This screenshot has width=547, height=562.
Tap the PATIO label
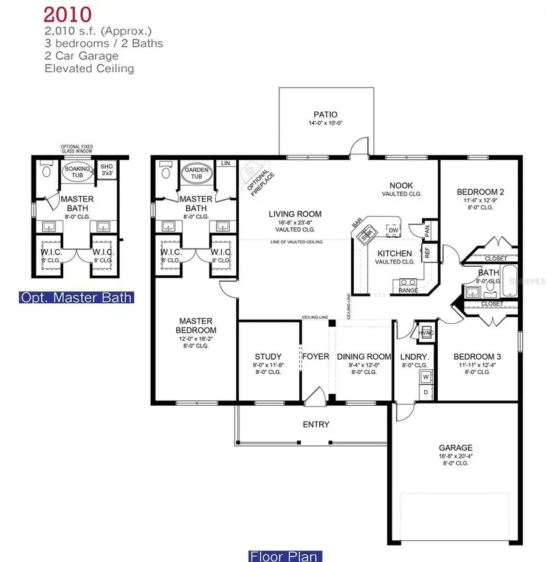326,114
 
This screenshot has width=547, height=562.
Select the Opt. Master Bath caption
77,298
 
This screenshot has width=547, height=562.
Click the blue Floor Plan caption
285,556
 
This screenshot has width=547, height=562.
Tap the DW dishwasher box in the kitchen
393,230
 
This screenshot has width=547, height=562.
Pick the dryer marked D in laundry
425,392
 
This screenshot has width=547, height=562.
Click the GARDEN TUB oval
193,173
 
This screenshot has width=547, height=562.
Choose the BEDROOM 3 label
476,357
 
